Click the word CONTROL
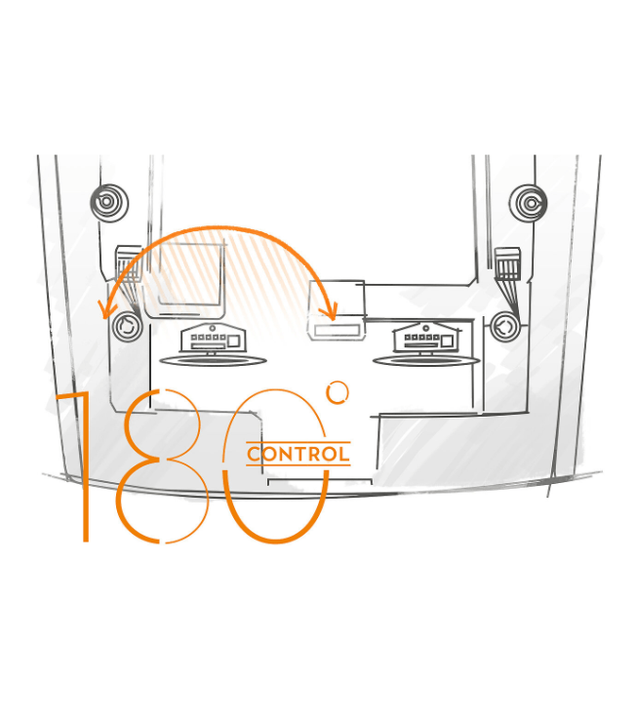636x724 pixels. click(x=298, y=454)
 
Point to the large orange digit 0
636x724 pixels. click(x=224, y=466)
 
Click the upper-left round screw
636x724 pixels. click(x=109, y=202)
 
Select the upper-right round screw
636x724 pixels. click(x=528, y=203)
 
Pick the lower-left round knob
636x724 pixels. click(x=128, y=327)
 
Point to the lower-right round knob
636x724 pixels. click(x=505, y=327)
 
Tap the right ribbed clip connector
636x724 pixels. click(x=507, y=264)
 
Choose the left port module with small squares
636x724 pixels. click(x=213, y=339)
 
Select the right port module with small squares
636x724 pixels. click(x=427, y=339)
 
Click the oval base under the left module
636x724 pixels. click(x=213, y=360)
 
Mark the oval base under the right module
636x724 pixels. click(x=426, y=360)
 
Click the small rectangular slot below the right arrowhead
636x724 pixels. click(x=337, y=330)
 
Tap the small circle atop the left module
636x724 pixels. click(x=212, y=328)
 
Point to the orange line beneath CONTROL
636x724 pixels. click(x=298, y=465)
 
